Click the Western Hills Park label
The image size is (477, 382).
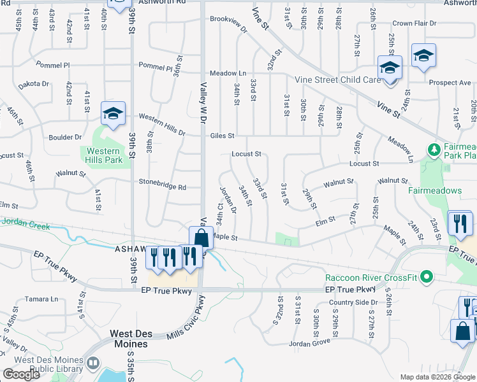[x=101, y=155]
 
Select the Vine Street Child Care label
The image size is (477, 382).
[x=336, y=80]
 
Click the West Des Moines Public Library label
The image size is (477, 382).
[x=42, y=364]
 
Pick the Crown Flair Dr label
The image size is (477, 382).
[x=415, y=24]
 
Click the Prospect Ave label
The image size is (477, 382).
[x=450, y=83]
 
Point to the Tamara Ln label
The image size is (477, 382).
[x=41, y=299]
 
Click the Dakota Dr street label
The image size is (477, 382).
[x=33, y=84]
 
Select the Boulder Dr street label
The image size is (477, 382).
[x=65, y=137]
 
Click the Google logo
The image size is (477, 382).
[x=22, y=374]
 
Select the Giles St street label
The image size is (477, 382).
[x=223, y=136]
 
